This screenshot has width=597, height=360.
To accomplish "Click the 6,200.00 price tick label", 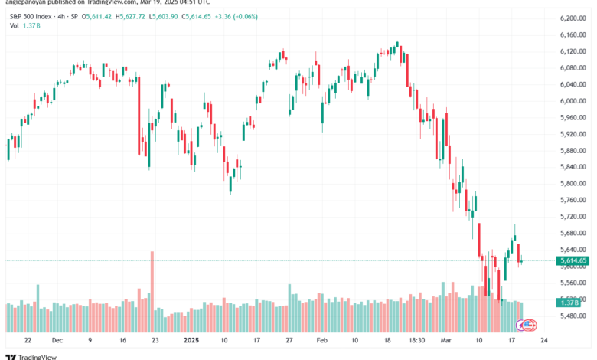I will (573, 18).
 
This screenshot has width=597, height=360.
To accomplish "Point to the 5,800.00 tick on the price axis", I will (573, 183).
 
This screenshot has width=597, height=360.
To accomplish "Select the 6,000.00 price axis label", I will (573, 100).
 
